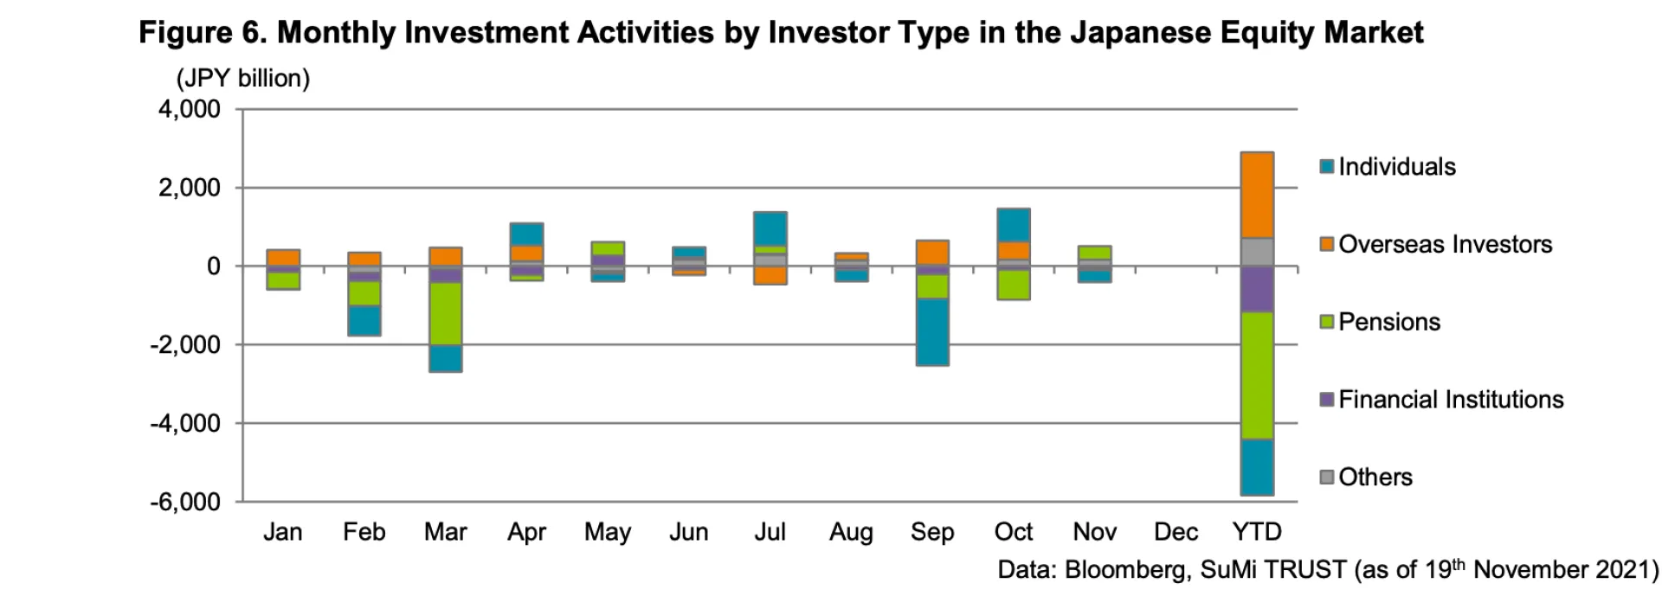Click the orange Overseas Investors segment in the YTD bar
[1258, 195]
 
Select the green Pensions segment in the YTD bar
[1258, 375]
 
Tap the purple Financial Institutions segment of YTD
[1258, 289]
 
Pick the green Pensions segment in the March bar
[446, 313]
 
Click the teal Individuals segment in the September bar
[932, 331]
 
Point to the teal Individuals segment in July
[770, 228]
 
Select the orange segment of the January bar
[283, 258]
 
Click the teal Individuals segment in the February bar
[364, 320]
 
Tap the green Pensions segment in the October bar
[1014, 285]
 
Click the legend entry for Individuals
[1396, 167]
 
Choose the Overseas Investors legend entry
[1445, 245]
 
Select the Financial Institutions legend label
[1451, 400]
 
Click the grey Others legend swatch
[1327, 477]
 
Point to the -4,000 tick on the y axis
[185, 424]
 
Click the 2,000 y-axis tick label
[189, 189]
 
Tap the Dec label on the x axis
[1176, 532]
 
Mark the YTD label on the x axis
[1257, 532]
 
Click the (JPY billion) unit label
[243, 79]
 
